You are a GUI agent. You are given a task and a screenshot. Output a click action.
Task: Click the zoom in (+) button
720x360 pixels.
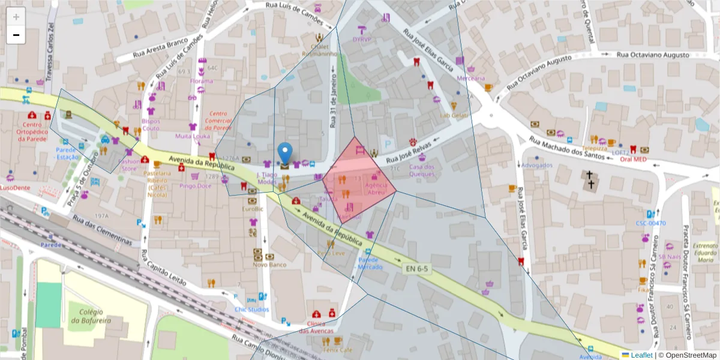click(16, 17)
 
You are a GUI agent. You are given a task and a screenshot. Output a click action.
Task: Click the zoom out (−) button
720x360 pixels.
click(16, 35)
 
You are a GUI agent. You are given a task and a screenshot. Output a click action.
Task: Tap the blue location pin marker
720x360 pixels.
click(286, 154)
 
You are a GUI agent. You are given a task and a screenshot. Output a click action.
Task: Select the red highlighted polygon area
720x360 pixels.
click(359, 180)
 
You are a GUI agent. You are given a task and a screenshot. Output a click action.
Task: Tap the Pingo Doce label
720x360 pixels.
click(196, 186)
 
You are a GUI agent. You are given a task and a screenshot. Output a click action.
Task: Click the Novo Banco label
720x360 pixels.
click(268, 265)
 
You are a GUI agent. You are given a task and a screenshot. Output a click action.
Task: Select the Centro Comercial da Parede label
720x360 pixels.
click(220, 120)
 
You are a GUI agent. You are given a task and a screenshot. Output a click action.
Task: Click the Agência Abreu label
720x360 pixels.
click(376, 188)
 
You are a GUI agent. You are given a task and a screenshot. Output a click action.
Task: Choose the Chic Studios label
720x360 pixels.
click(252, 310)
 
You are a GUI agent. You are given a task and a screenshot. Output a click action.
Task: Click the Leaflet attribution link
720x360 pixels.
click(641, 355)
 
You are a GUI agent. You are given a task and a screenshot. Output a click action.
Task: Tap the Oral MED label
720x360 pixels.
click(633, 160)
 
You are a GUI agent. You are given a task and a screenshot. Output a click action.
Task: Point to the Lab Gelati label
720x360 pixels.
click(454, 115)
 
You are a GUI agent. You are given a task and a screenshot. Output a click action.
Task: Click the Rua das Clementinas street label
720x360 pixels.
click(103, 230)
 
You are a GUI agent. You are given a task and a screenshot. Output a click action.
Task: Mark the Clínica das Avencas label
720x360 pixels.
click(316, 328)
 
